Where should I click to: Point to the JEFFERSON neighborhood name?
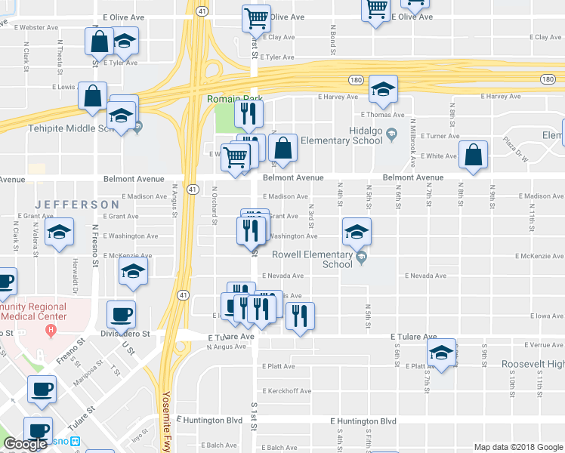[x=76, y=205]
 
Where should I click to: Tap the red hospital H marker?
[x=51, y=330]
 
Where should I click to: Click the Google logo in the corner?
[x=25, y=445]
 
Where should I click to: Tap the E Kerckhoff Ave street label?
[x=287, y=391]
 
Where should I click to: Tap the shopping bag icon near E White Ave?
[x=472, y=156]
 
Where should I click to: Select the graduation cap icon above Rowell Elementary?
[x=357, y=232]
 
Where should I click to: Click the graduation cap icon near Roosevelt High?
[x=442, y=353]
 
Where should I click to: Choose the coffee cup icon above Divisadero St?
[x=121, y=313]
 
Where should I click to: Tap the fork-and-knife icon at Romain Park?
[x=248, y=114]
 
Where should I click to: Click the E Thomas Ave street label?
[x=382, y=115]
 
